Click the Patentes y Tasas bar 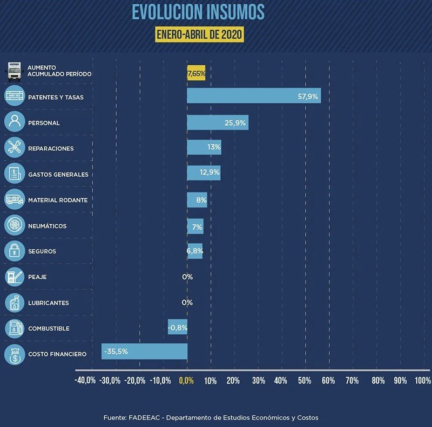pos(254,95)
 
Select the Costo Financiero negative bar pos(144,352)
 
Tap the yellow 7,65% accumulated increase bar pos(196,73)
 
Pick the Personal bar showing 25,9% pos(218,122)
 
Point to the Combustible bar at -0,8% pos(178,327)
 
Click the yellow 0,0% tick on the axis pos(186,381)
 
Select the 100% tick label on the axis pos(422,381)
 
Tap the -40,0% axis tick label pos(85,381)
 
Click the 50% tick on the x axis pos(304,381)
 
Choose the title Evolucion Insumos pos(198,11)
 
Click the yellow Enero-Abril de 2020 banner pos(199,35)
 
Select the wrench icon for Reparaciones pos(15,148)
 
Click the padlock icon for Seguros pos(15,251)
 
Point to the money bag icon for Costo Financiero pos(15,354)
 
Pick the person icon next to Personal pos(15,122)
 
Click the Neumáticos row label pos(47,226)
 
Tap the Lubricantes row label pos(48,303)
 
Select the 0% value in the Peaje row pos(187,277)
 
